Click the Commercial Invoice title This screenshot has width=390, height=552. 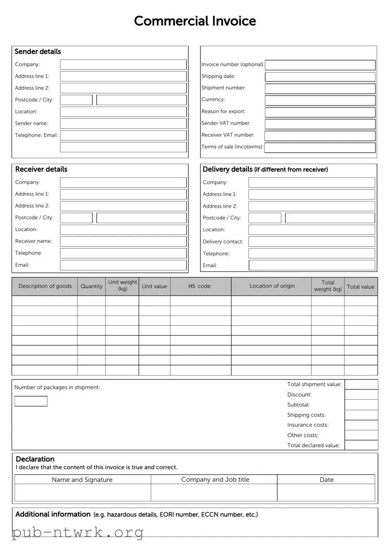pos(195,21)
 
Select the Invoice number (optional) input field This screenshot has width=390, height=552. pos(320,65)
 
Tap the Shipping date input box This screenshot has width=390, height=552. pos(320,77)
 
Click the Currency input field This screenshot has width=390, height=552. pos(320,100)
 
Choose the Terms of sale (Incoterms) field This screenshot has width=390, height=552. pos(320,148)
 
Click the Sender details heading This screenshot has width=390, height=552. pos(38,52)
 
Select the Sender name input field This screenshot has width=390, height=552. pos(123,123)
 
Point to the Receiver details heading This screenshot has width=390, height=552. pos(41,169)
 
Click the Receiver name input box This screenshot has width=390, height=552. pos(123,242)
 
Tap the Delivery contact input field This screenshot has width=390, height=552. pos(312,242)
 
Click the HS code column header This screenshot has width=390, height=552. pos(200,286)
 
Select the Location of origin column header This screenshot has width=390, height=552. pos(272,286)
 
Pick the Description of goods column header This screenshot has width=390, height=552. pos(45,286)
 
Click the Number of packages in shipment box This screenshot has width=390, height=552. pos(31,401)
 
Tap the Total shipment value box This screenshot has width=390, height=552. pos(361,385)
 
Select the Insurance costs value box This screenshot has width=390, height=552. pos(361,425)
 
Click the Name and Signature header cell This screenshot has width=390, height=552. pos(82,480)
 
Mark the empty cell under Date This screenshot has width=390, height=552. pos(326,493)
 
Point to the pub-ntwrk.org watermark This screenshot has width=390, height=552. pos(78,532)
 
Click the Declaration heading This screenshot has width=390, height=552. pos(35,459)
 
